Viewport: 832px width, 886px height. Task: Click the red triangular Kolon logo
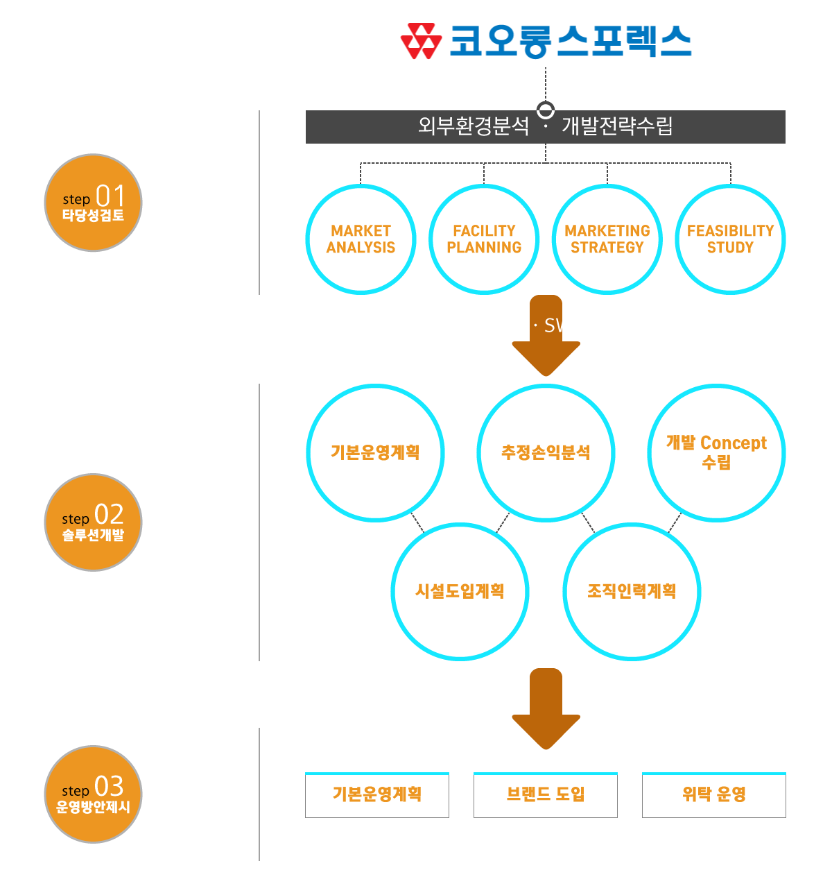[x=421, y=42]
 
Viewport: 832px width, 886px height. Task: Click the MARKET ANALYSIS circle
[x=361, y=239]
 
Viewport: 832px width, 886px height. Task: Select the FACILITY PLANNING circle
[x=484, y=239]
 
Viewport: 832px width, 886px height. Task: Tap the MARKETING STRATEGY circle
[x=607, y=239]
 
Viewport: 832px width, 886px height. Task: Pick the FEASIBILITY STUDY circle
[x=730, y=239]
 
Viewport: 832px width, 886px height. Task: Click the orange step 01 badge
[x=94, y=203]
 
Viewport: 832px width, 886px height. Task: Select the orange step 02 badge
[x=94, y=522]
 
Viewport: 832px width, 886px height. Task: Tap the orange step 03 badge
[x=94, y=794]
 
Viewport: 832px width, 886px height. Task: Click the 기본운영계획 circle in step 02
[x=375, y=452]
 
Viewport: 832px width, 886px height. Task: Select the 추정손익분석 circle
[x=546, y=452]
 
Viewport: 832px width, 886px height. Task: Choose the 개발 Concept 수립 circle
[x=716, y=452]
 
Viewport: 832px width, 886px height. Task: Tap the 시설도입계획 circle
[x=460, y=591]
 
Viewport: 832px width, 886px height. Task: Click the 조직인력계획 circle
[x=632, y=591]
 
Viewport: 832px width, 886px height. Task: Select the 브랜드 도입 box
[x=546, y=795]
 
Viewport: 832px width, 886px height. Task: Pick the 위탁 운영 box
[x=714, y=795]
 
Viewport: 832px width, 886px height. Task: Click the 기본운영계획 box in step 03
[x=377, y=795]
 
